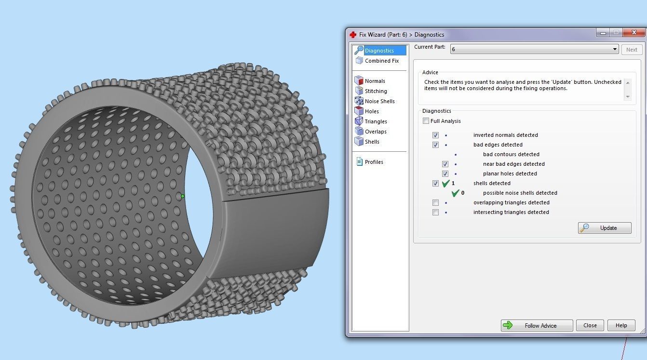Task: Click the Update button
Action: coord(605,228)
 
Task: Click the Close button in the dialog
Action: coord(590,325)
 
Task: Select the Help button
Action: coord(621,325)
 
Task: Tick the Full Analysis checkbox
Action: coord(426,121)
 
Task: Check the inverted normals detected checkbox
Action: coord(435,135)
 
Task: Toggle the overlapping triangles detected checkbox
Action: coord(435,202)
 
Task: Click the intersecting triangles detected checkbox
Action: coord(435,212)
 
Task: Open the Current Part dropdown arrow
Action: coord(615,49)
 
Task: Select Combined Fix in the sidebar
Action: coord(381,61)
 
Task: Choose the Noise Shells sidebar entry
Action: coord(379,101)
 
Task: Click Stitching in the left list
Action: coord(376,91)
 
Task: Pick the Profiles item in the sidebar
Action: coord(374,162)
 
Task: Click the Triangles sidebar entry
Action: coord(376,121)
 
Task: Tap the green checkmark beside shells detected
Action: coord(446,183)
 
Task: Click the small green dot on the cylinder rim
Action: coord(182,196)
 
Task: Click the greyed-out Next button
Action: coord(632,50)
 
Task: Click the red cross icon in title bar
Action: coord(353,35)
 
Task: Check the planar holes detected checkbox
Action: coord(445,173)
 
